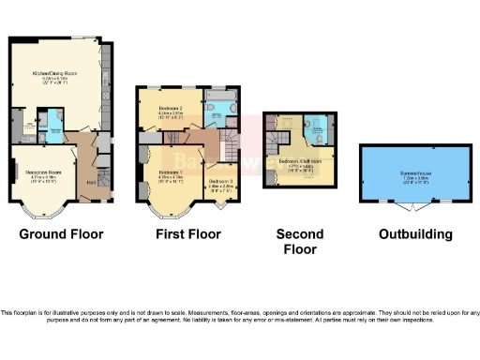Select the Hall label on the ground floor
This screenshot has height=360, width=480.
click(x=91, y=181)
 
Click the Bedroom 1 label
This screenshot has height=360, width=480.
click(x=170, y=172)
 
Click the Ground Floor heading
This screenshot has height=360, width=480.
click(x=62, y=233)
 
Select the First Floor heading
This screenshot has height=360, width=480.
click(x=188, y=233)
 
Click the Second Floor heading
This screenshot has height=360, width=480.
click(x=300, y=241)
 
